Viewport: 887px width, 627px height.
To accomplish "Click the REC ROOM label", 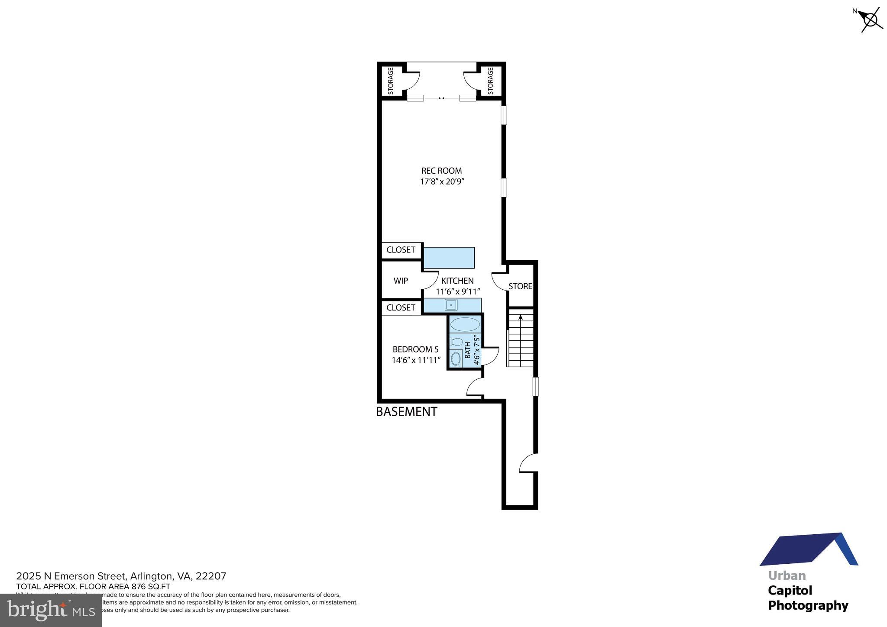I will [x=441, y=171].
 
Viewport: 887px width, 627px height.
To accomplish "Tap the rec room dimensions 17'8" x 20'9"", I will [x=442, y=182].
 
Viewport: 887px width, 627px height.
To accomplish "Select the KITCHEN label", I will [x=457, y=281].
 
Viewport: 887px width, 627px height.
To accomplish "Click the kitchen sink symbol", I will [x=451, y=305].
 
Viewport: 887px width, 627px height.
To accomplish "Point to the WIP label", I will [x=401, y=281].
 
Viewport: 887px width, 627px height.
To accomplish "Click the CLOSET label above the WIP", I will [x=401, y=250].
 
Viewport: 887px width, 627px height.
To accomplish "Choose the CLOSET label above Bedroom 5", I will [x=401, y=307].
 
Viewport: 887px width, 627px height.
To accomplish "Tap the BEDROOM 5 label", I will [x=415, y=349].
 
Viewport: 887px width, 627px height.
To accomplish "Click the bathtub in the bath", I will [x=465, y=324].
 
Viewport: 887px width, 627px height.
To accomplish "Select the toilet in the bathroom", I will [x=456, y=342].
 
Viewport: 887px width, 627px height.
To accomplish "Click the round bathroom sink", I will [x=456, y=359].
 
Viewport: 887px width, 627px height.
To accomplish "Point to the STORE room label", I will [x=520, y=286].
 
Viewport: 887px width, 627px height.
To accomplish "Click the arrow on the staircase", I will [x=521, y=317].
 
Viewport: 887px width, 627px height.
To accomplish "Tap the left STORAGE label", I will [x=391, y=81].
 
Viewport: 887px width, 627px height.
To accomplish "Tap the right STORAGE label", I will [x=490, y=81].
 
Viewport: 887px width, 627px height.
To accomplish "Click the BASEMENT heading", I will [x=406, y=412].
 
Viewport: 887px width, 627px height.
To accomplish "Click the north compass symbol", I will [x=871, y=19].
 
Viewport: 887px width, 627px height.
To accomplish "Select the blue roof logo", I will [x=808, y=549].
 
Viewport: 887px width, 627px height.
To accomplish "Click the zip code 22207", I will [x=211, y=576].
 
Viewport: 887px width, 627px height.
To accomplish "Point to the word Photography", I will [x=808, y=605].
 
